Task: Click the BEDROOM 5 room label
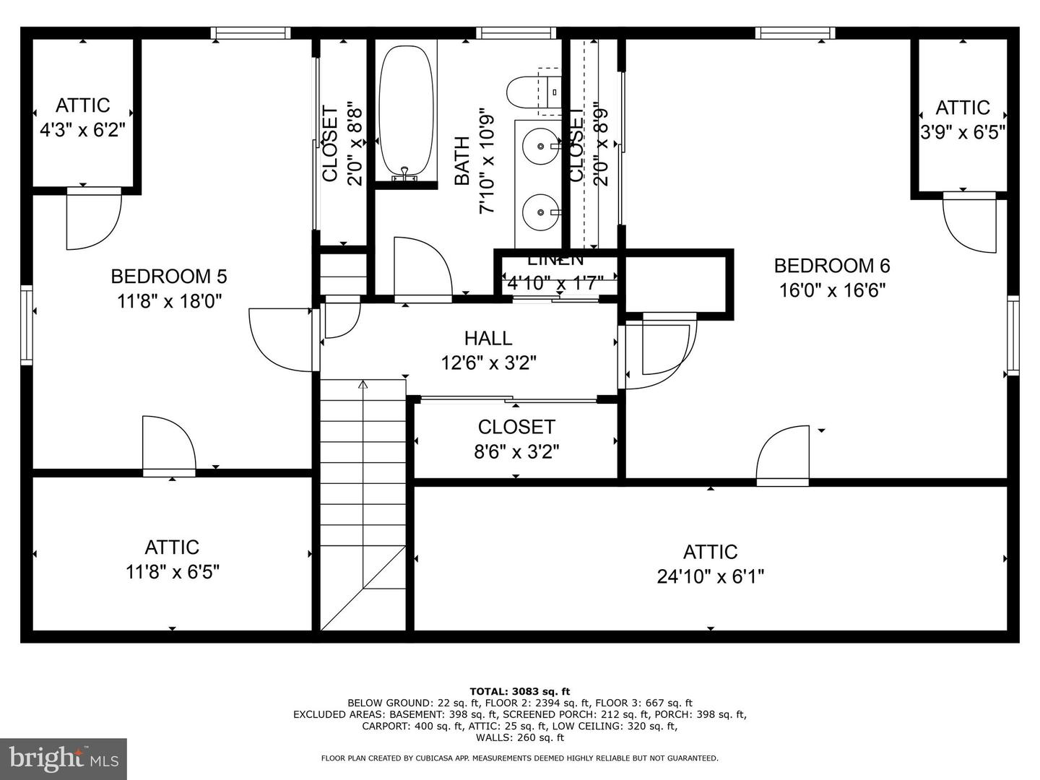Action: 168,277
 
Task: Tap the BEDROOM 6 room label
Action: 832,266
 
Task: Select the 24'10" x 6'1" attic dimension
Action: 710,576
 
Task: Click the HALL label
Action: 488,338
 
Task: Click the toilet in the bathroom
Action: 533,92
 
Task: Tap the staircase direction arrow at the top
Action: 363,385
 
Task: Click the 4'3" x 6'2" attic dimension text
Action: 82,130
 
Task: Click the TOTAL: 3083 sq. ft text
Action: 520,691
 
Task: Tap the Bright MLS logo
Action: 64,758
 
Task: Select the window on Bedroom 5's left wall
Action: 27,324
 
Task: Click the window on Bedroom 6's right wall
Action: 1013,335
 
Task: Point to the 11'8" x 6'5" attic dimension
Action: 172,572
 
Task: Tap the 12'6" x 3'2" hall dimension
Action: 488,363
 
